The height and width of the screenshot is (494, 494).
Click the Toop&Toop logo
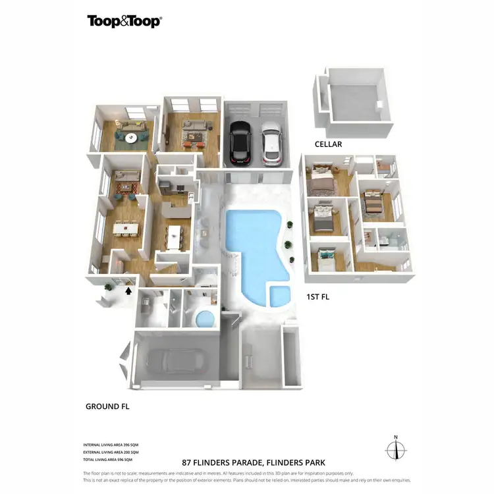click(124, 21)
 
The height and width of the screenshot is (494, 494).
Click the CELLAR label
click(327, 144)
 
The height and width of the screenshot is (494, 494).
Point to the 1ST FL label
click(317, 297)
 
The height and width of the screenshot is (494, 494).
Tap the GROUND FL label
click(107, 406)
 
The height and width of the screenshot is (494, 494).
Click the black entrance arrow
click(128, 288)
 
